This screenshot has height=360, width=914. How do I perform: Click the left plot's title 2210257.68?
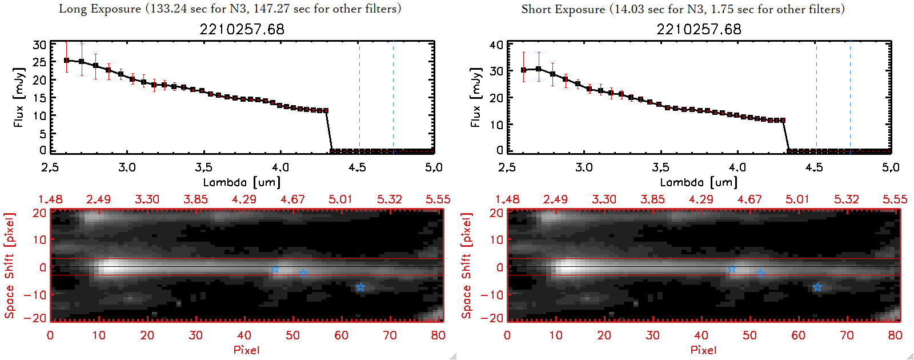pyautogui.click(x=242, y=29)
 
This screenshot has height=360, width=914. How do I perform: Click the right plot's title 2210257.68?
pyautogui.click(x=699, y=29)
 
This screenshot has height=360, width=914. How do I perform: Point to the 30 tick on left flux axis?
pyautogui.click(x=39, y=45)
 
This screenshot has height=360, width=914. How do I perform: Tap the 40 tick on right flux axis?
pyautogui.click(x=496, y=45)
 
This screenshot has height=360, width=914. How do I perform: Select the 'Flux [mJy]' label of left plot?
pyautogui.click(x=19, y=97)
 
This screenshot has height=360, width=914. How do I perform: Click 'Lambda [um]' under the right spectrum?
pyautogui.click(x=699, y=182)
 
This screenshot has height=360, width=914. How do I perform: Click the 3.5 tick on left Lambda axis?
pyautogui.click(x=203, y=167)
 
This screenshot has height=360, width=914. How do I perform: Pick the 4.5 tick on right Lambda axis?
pyautogui.click(x=814, y=167)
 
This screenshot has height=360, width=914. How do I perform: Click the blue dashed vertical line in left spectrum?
pyautogui.click(x=393, y=97)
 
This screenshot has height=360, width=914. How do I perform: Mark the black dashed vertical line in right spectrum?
pyautogui.click(x=816, y=97)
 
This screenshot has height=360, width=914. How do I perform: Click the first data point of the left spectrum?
pyautogui.click(x=67, y=60)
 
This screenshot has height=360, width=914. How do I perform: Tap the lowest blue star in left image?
pyautogui.click(x=360, y=287)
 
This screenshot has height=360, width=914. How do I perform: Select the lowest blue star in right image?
pyautogui.click(x=817, y=287)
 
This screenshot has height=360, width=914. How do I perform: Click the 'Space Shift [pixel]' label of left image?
pyautogui.click(x=9, y=266)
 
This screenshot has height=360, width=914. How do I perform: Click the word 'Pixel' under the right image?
pyautogui.click(x=703, y=350)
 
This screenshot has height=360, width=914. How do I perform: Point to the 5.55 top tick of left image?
pyautogui.click(x=438, y=199)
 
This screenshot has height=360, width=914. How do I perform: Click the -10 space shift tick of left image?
pyautogui.click(x=35, y=294)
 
